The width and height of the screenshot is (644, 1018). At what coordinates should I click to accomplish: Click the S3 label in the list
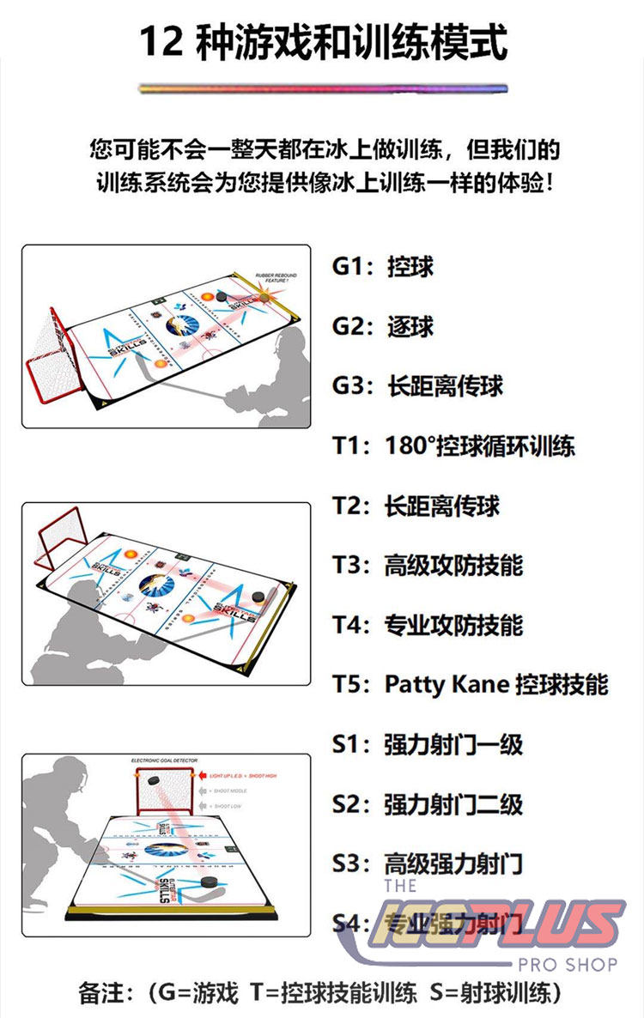point(349,863)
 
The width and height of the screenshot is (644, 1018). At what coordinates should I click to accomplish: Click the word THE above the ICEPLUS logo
point(401,885)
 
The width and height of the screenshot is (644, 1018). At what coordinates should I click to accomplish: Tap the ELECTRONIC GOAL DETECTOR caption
point(167,760)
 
